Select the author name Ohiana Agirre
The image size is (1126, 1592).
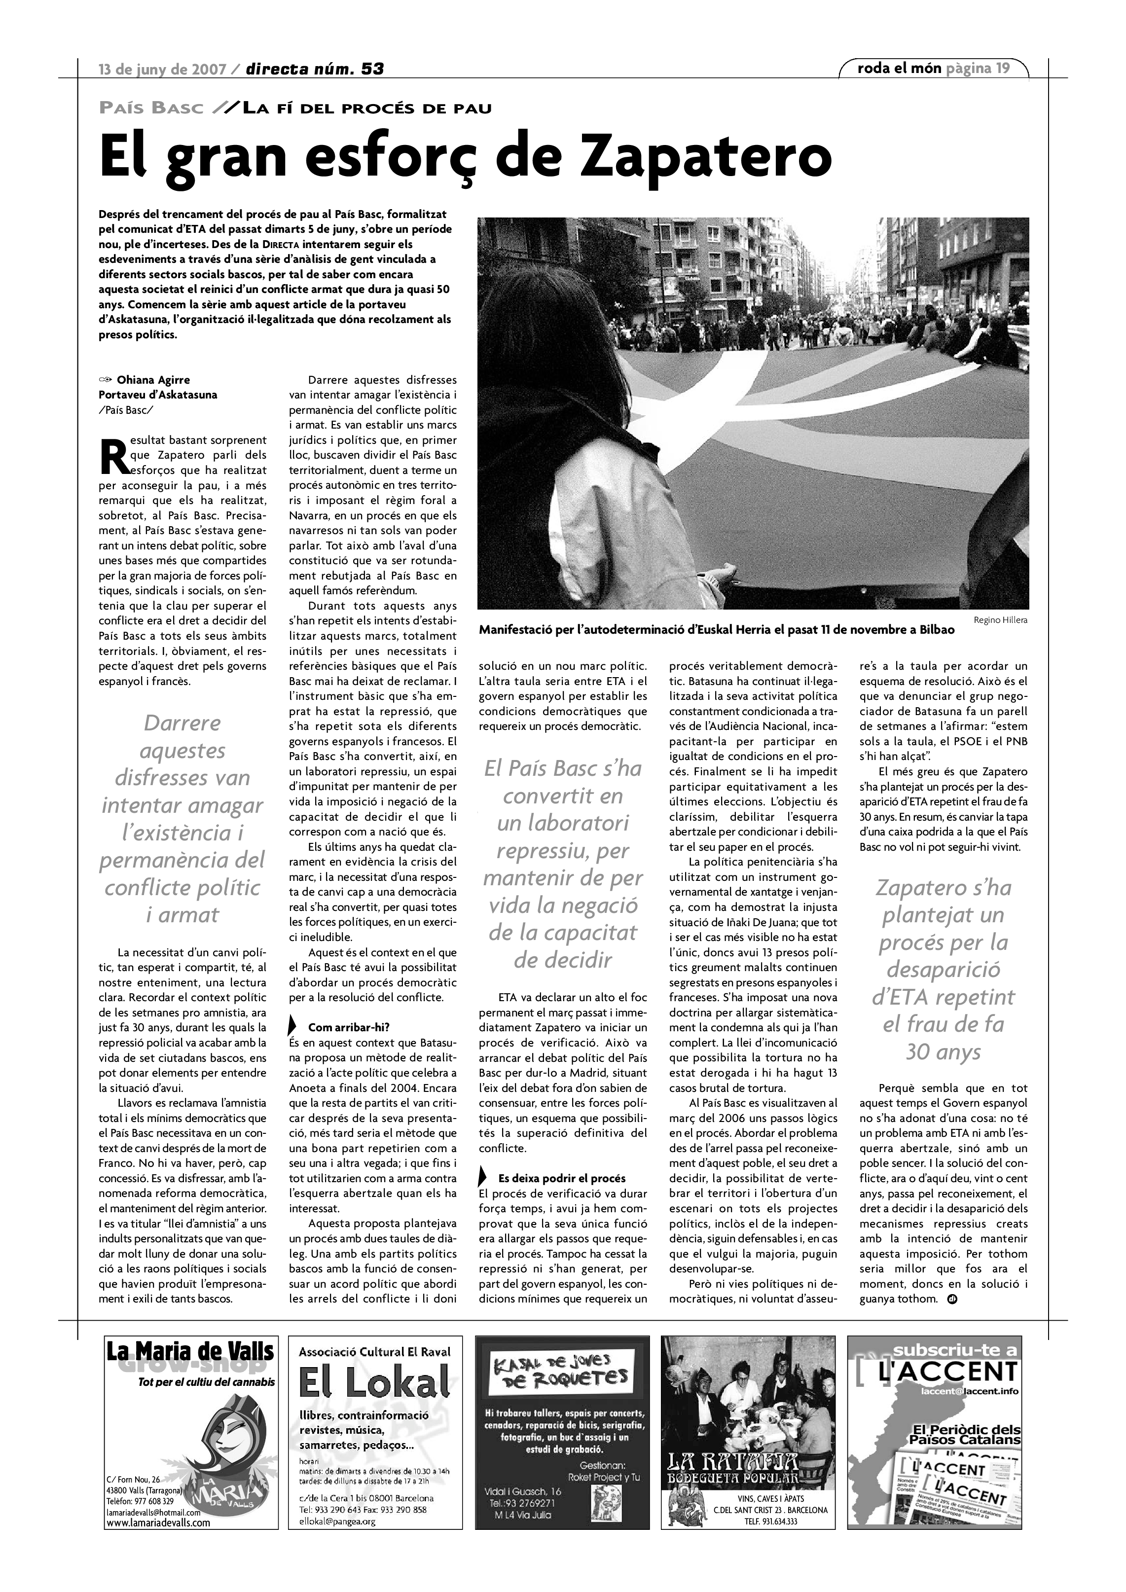[x=153, y=380]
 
